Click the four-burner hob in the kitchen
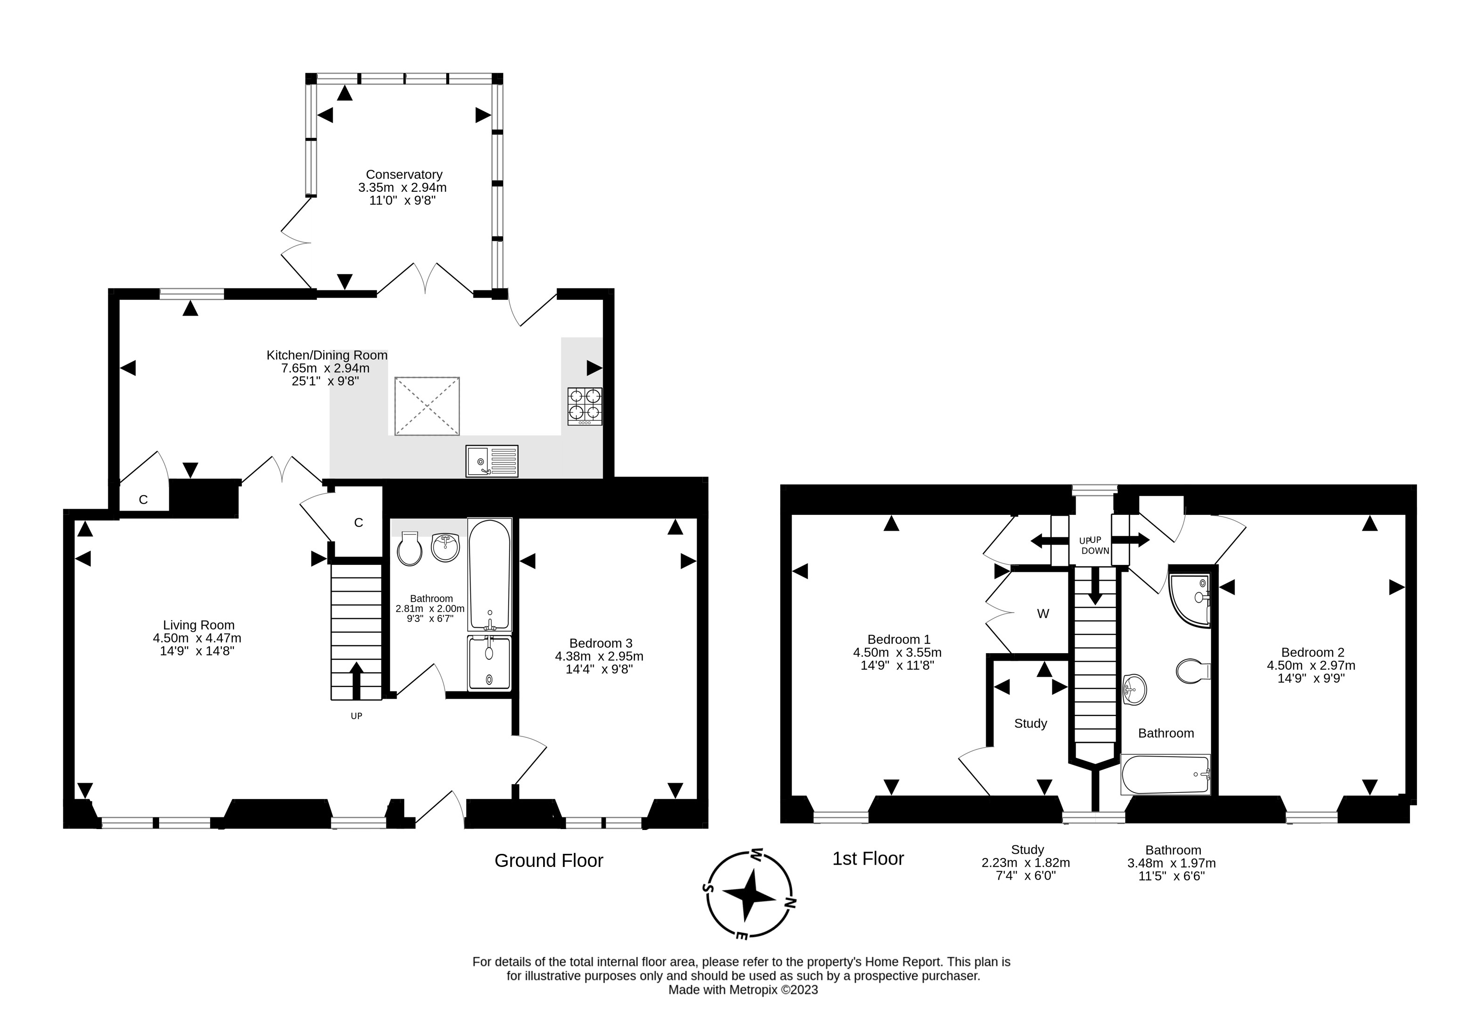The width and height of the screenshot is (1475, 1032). pos(585,406)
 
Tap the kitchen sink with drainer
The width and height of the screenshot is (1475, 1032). pos(492,461)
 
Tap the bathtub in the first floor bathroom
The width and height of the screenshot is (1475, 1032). pos(1165,774)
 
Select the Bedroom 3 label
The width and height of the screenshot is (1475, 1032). pos(601,643)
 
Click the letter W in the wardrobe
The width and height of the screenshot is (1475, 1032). pos(1043,613)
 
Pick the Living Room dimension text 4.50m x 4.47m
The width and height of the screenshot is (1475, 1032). pos(197,638)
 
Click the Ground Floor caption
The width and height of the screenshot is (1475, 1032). pos(549,860)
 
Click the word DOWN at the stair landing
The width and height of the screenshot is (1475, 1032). pos(1095,551)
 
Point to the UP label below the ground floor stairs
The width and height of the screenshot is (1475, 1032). pos(356,715)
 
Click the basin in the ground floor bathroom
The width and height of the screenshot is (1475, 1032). pos(445,547)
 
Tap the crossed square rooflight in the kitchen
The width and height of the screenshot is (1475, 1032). pos(427,406)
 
